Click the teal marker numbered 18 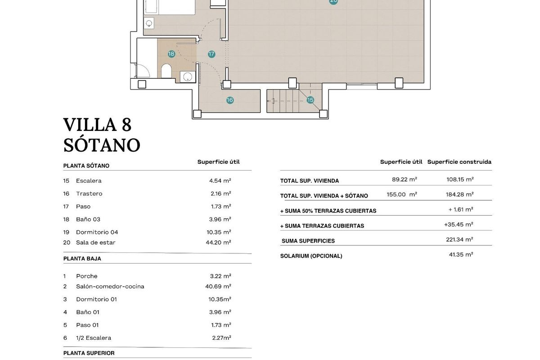171,54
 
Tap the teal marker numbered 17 211,54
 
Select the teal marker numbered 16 230,100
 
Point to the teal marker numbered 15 310,100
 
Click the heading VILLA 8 97,125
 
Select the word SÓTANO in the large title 102,145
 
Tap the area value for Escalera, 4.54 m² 220,180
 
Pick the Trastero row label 89,193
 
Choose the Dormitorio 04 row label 97,232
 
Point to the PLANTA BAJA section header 82,259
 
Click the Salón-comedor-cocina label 110,286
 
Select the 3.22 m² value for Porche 220,276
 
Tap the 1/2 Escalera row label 93,338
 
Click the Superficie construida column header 459,162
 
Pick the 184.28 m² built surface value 459,194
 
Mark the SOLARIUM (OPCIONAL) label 311,256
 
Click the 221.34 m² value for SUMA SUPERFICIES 459,239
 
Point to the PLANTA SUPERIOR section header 89,353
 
